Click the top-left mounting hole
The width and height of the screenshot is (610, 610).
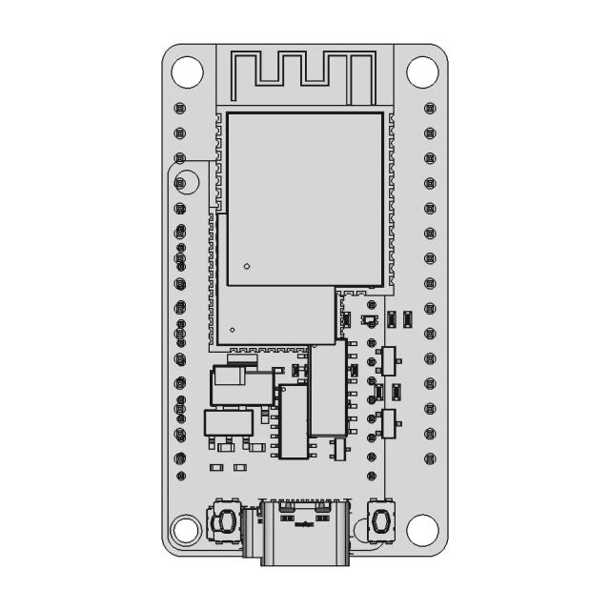coord(186,70)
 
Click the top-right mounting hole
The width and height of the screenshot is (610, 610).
coord(421,70)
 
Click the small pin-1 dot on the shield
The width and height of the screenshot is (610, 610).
coord(246,267)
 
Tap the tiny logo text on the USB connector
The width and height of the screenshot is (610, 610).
coord(304,523)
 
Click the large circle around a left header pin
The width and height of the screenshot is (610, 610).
coord(184,180)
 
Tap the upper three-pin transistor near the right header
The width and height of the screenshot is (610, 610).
coord(388,360)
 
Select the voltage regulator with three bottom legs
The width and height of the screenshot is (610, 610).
coord(229,425)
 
